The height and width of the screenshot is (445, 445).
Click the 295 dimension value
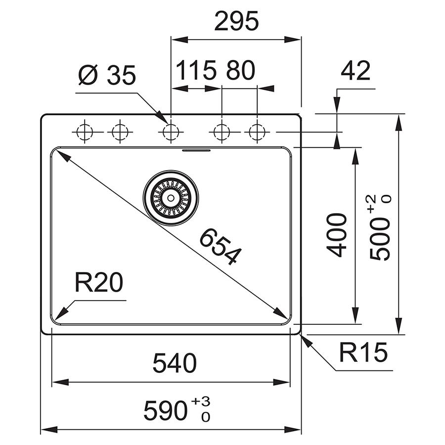236,21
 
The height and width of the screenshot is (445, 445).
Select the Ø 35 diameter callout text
107,75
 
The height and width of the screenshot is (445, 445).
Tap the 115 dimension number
196,70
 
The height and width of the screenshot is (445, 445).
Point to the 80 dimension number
241,70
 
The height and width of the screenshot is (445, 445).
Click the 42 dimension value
356,71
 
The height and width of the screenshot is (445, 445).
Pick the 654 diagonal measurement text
221,246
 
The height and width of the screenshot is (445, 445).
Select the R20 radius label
99,282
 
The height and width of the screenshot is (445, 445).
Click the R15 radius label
363,353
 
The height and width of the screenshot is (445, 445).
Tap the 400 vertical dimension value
337,235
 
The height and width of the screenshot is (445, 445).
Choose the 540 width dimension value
175,363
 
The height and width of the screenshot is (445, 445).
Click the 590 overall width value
166,411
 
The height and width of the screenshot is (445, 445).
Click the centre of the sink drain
171,198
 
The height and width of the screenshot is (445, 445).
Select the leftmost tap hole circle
85,132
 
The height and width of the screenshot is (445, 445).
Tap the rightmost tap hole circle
257,132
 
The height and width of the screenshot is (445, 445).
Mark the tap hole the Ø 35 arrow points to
171,132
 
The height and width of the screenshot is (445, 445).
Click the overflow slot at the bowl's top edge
196,150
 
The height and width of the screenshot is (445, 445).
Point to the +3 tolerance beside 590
201,401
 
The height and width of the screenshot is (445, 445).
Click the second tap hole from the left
120,132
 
